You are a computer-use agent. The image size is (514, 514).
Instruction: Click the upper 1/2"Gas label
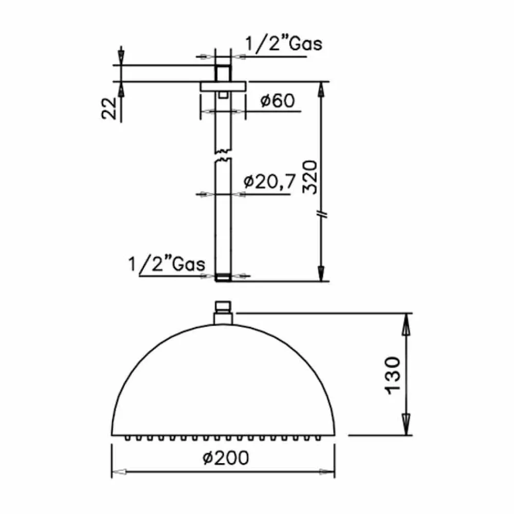click(283, 44)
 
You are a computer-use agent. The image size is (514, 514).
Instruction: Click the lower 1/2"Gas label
click(167, 265)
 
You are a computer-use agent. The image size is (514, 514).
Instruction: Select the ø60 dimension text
click(277, 101)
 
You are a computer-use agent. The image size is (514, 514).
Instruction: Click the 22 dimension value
click(109, 109)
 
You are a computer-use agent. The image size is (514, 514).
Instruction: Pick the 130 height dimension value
click(392, 375)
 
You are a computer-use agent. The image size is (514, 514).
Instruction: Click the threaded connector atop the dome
click(222, 311)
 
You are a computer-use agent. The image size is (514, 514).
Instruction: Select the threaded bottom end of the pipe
click(222, 279)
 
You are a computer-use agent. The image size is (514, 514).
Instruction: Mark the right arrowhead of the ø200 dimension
click(327, 471)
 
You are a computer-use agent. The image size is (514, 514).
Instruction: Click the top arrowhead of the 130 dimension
click(406, 321)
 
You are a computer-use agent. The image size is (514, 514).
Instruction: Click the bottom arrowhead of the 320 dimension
click(322, 272)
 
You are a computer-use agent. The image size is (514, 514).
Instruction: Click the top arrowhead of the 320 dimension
click(322, 89)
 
